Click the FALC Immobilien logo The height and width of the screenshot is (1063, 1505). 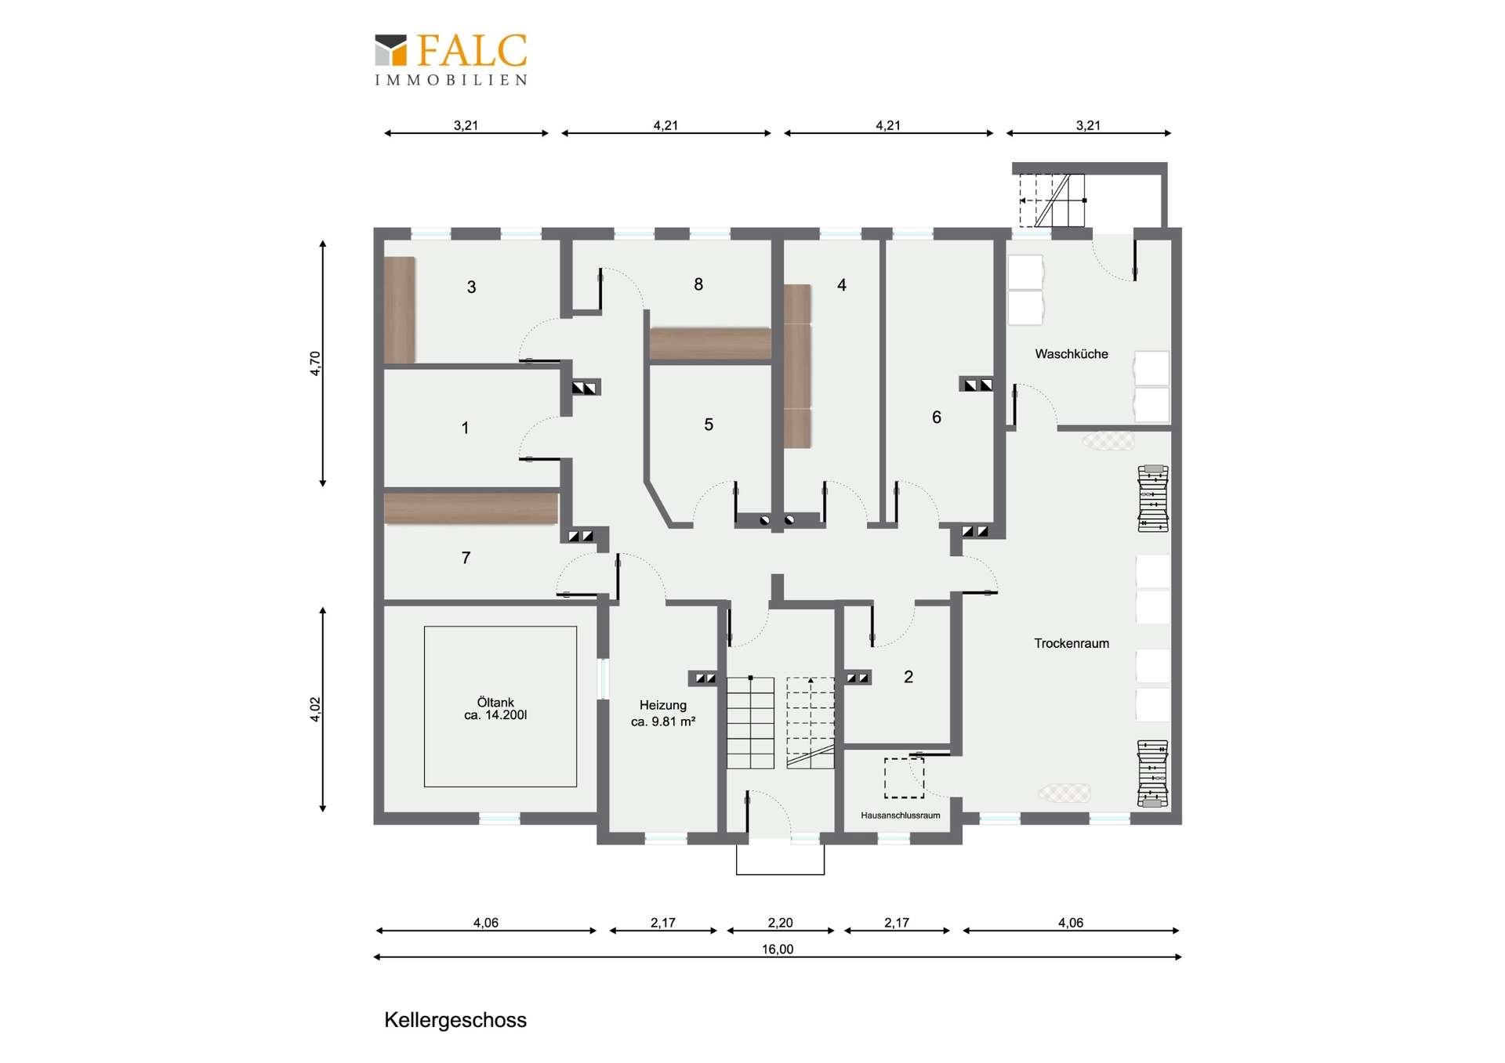[451, 59]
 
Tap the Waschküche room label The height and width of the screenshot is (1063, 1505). [1071, 354]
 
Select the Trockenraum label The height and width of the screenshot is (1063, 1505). [1071, 643]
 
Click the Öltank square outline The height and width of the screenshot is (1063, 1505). [424, 706]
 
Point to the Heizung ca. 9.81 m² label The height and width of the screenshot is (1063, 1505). [663, 713]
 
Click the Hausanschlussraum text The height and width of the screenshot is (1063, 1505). [900, 815]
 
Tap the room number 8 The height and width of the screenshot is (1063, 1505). [698, 284]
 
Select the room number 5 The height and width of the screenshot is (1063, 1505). [709, 425]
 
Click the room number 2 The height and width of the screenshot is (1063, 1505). [908, 677]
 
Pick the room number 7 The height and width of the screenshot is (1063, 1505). [466, 558]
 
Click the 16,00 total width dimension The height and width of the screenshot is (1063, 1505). [778, 949]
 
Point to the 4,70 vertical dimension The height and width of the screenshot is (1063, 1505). [315, 363]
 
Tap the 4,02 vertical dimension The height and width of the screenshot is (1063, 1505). [315, 709]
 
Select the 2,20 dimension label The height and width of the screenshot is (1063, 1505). [780, 923]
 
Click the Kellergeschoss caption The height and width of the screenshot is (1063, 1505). [455, 1020]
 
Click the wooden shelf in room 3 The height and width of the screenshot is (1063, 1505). [399, 310]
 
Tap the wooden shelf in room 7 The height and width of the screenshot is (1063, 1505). [471, 508]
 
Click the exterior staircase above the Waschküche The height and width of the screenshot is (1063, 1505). [1051, 201]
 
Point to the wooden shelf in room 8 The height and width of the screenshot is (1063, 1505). [710, 344]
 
